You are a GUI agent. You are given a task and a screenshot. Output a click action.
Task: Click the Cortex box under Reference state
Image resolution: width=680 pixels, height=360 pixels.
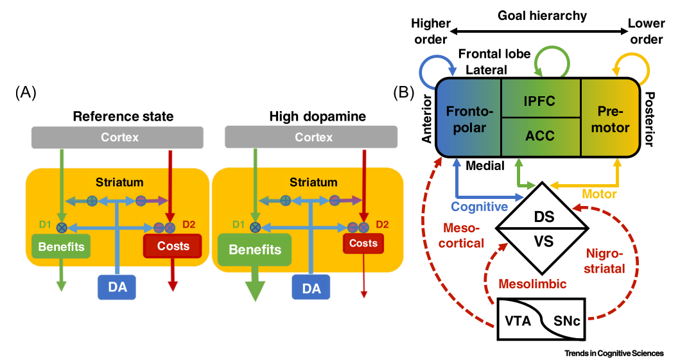click(118, 137)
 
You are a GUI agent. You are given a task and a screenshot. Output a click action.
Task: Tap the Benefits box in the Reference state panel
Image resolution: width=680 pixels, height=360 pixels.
click(58, 246)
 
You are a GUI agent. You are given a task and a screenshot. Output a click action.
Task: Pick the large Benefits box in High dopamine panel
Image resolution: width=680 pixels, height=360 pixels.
click(254, 250)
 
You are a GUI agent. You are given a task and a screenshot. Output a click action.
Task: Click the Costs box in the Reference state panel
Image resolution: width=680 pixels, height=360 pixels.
click(172, 246)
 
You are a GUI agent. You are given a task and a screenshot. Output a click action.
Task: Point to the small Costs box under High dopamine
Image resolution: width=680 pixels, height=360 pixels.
click(363, 243)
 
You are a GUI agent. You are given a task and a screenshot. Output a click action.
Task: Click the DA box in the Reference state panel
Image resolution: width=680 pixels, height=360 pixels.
click(118, 287)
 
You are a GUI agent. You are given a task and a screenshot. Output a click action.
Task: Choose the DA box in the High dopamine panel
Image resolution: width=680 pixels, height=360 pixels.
click(311, 287)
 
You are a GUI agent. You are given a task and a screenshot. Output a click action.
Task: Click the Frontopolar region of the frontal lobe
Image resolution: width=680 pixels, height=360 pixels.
click(468, 118)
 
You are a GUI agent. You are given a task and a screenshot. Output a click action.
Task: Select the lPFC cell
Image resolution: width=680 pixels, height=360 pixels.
click(540, 101)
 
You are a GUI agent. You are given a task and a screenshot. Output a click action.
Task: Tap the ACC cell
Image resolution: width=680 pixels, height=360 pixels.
click(540, 136)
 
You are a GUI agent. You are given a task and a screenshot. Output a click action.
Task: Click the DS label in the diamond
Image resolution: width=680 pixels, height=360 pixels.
click(541, 218)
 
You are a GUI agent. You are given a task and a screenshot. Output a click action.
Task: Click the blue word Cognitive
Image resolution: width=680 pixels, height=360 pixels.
click(478, 207)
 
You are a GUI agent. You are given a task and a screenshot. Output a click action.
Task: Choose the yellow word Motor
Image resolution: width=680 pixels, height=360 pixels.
click(599, 194)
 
